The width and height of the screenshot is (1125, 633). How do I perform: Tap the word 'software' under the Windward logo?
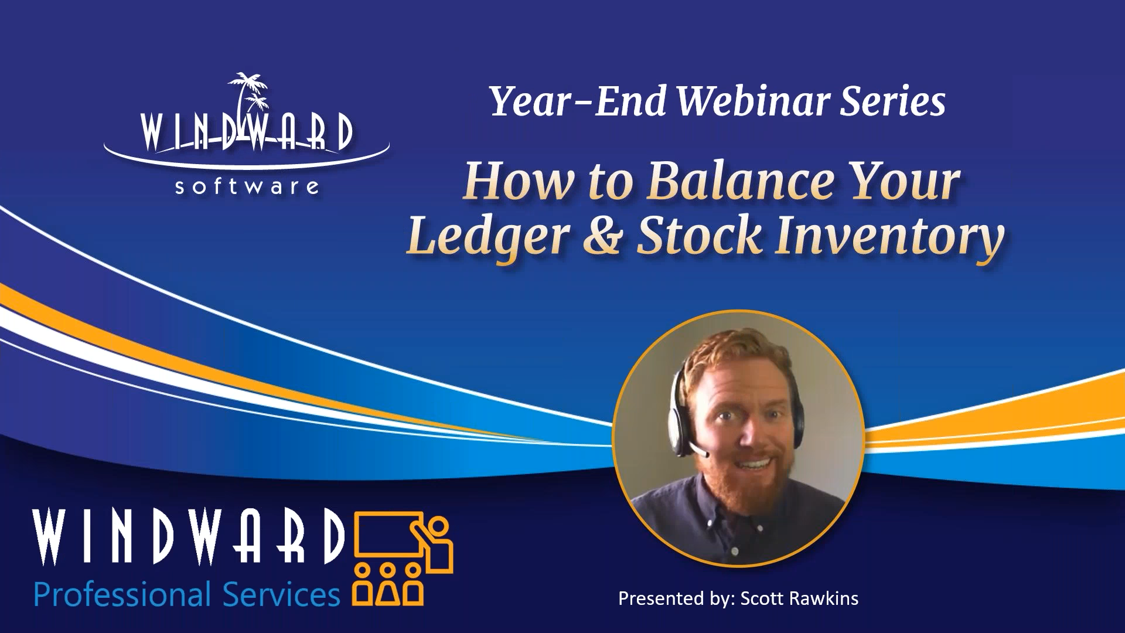[x=247, y=187]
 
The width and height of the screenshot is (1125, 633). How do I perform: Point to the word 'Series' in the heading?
[x=893, y=101]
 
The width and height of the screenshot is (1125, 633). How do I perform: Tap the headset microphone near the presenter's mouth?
[x=698, y=451]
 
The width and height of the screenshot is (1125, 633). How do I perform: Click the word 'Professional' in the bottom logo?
[x=122, y=594]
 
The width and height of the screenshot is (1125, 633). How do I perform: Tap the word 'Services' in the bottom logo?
[x=281, y=594]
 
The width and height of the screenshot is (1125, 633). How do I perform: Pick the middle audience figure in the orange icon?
[x=388, y=586]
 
